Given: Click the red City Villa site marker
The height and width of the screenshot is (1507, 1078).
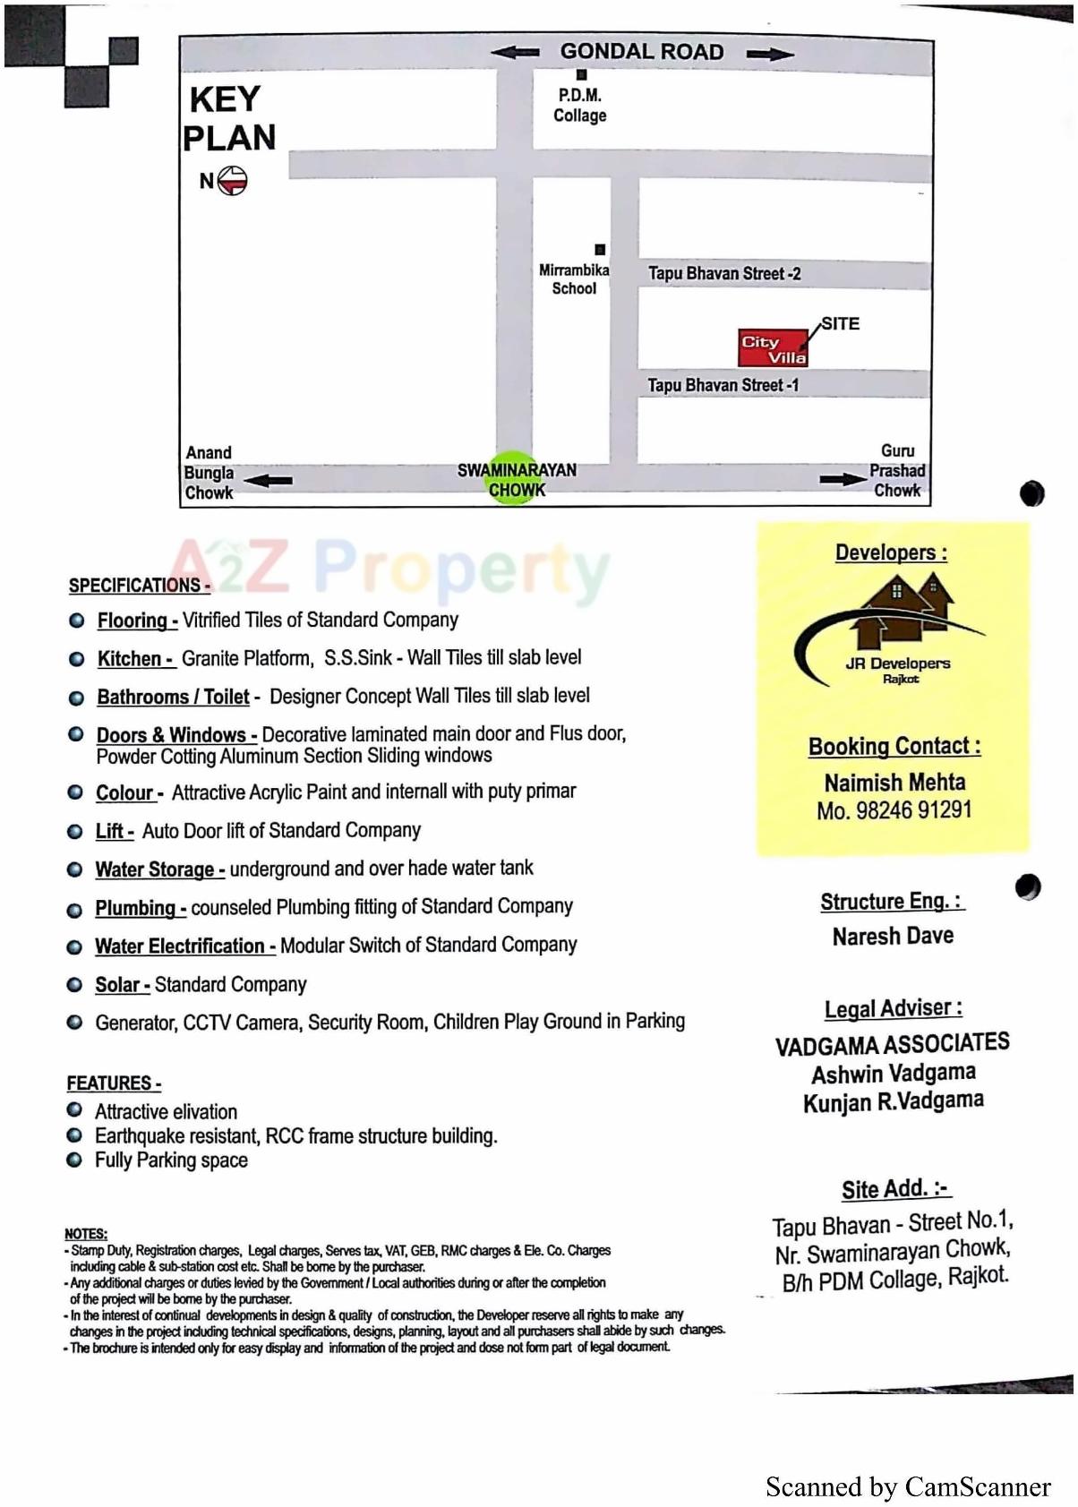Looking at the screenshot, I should click(772, 348).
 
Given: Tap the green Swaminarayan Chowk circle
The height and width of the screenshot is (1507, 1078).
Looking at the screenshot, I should click(517, 478).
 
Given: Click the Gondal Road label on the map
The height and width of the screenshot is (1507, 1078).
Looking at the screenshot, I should click(642, 52).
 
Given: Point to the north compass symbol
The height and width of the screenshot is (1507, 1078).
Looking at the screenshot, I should click(232, 181).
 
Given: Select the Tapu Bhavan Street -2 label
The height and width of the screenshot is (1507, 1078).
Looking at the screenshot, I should click(724, 274).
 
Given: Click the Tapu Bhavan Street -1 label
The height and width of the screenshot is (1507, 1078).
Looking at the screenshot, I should click(723, 385).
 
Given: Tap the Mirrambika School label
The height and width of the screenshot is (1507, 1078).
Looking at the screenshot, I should click(574, 279).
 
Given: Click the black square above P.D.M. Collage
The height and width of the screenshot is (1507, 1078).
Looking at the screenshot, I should click(581, 75).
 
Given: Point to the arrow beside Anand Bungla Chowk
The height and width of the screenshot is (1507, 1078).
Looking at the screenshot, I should click(268, 480).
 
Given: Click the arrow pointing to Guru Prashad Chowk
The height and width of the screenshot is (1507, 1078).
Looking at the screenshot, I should click(843, 479).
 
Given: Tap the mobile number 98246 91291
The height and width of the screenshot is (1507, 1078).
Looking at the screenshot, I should click(913, 810).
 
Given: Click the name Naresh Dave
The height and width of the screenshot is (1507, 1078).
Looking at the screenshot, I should click(893, 937).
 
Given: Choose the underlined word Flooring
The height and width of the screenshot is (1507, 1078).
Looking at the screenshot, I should click(133, 620).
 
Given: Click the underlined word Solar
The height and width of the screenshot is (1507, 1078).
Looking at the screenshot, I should click(118, 985).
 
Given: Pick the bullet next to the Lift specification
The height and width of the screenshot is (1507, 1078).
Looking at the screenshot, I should click(75, 832).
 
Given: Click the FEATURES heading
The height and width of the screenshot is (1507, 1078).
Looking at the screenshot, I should click(113, 1083).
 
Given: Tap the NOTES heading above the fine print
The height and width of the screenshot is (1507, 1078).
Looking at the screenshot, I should click(85, 1234).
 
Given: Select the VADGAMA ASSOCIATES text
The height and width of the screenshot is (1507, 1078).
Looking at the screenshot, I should click(892, 1044).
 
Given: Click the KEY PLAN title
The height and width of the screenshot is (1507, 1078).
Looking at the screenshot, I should click(228, 118).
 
